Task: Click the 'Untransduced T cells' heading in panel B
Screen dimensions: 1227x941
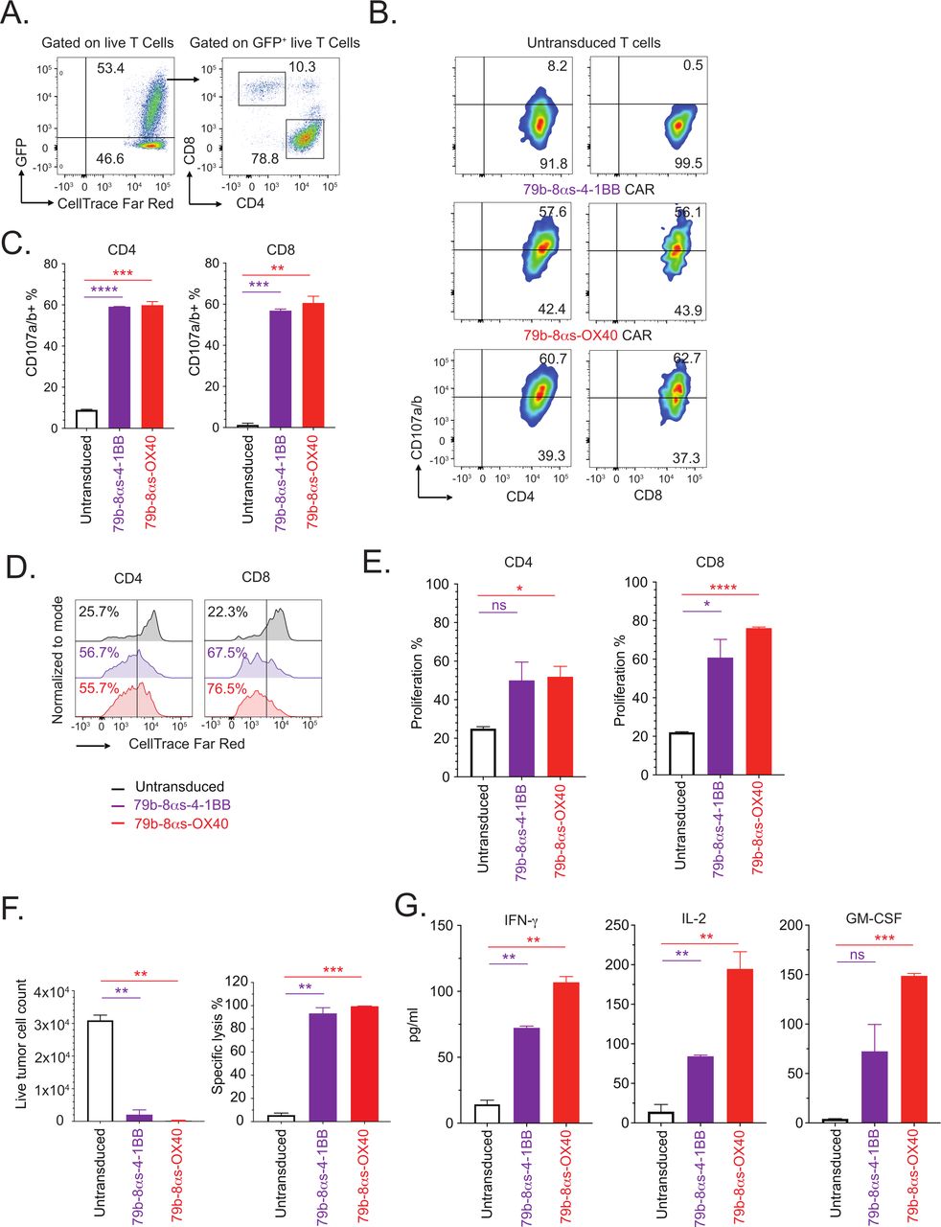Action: (x=593, y=42)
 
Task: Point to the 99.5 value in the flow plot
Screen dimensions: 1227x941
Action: (x=687, y=164)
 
